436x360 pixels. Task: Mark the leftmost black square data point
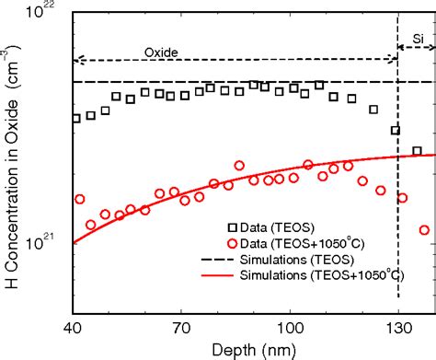point(76,118)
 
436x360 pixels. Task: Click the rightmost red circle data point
point(424,230)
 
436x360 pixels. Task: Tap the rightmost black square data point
point(417,151)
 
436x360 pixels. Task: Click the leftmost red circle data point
point(80,199)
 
